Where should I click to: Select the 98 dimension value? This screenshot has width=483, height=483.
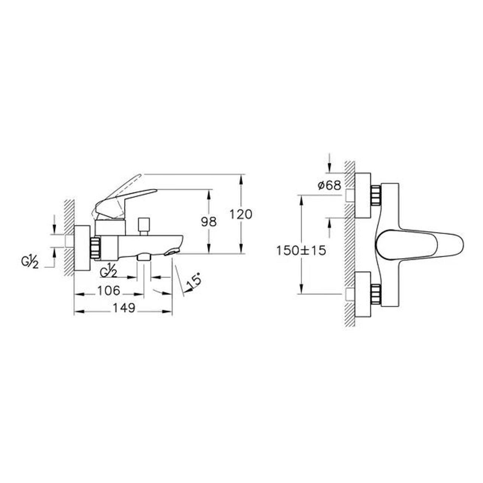tap(209, 222)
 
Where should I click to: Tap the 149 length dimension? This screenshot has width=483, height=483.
tap(124, 308)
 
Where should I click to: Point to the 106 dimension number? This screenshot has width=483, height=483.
tap(109, 291)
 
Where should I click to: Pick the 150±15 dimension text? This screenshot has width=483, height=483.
tap(301, 250)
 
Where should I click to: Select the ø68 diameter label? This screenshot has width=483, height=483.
tap(329, 186)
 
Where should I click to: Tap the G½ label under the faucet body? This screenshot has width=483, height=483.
tap(108, 270)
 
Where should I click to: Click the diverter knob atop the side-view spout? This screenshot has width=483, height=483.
tap(144, 227)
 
